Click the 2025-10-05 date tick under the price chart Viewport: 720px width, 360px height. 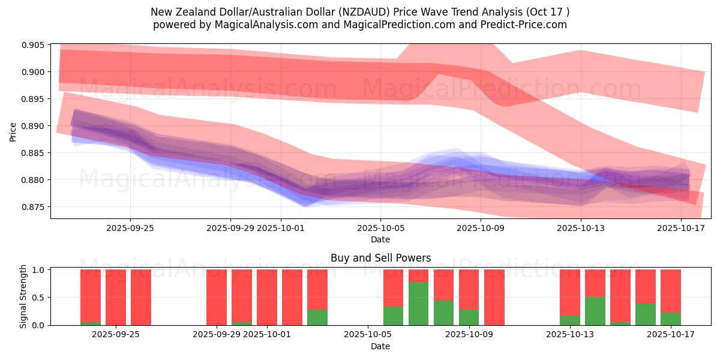(380, 228)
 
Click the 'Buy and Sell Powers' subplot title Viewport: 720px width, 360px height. (380, 259)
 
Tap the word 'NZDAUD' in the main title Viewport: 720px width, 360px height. (381, 12)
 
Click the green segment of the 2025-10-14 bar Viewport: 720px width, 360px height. (595, 311)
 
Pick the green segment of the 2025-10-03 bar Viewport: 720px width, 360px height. (317, 317)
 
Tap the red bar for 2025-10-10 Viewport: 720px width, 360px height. (494, 297)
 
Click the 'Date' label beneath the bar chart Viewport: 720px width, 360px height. (380, 346)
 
